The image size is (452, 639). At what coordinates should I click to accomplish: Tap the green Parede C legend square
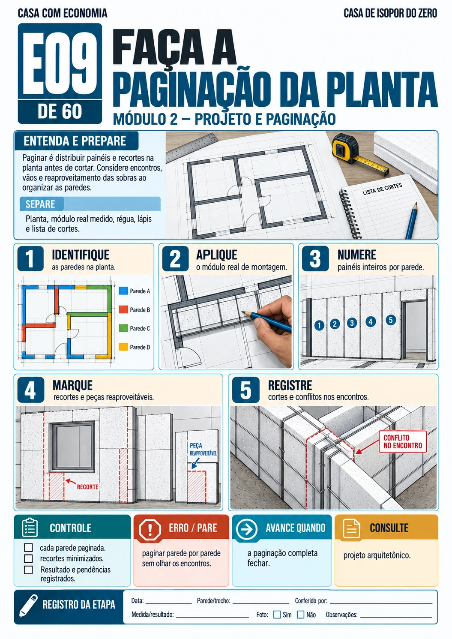coord(123,328)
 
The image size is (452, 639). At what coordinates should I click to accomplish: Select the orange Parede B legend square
coord(123,309)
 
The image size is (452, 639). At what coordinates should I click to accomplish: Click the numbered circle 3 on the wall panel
coord(352,323)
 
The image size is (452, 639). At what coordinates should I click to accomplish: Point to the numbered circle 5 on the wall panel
coord(391,320)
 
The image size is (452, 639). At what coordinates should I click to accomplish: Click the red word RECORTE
coord(87,487)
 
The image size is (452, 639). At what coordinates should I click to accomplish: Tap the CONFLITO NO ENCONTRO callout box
coord(403,441)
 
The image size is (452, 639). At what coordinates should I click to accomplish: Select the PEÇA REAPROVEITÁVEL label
coord(203,449)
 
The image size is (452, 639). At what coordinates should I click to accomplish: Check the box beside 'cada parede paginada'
coord(28,547)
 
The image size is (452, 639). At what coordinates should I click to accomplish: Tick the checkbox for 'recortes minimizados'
coord(28,558)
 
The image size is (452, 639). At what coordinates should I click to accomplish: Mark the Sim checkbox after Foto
coord(277,615)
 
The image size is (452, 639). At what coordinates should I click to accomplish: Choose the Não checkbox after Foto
coord(301,615)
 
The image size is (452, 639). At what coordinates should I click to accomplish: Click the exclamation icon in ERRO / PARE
coord(150,528)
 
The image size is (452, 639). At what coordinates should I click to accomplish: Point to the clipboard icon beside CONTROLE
coord(30,528)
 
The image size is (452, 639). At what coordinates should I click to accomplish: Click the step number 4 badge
coord(31,390)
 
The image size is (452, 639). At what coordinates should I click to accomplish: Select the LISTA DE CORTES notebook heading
coord(382,189)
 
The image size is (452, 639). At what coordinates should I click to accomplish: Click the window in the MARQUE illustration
coord(72,447)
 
